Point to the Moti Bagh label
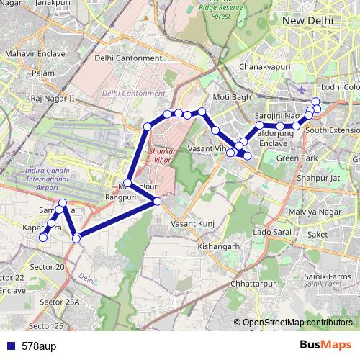(x=231, y=96)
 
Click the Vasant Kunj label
(x=191, y=224)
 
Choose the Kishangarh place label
(x=217, y=246)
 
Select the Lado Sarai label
(x=271, y=232)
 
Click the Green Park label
(x=297, y=158)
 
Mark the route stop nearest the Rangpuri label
(x=127, y=183)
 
